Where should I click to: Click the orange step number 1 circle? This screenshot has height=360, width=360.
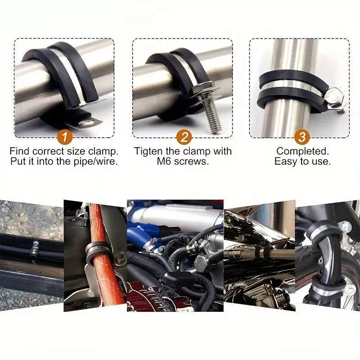64,137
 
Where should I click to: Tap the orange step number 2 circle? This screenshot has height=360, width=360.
184,137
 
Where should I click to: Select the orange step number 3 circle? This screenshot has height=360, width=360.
302,137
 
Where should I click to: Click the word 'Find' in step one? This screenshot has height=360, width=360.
19,151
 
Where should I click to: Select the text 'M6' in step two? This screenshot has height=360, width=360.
164,162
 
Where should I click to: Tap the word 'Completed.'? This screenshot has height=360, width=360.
302,152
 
